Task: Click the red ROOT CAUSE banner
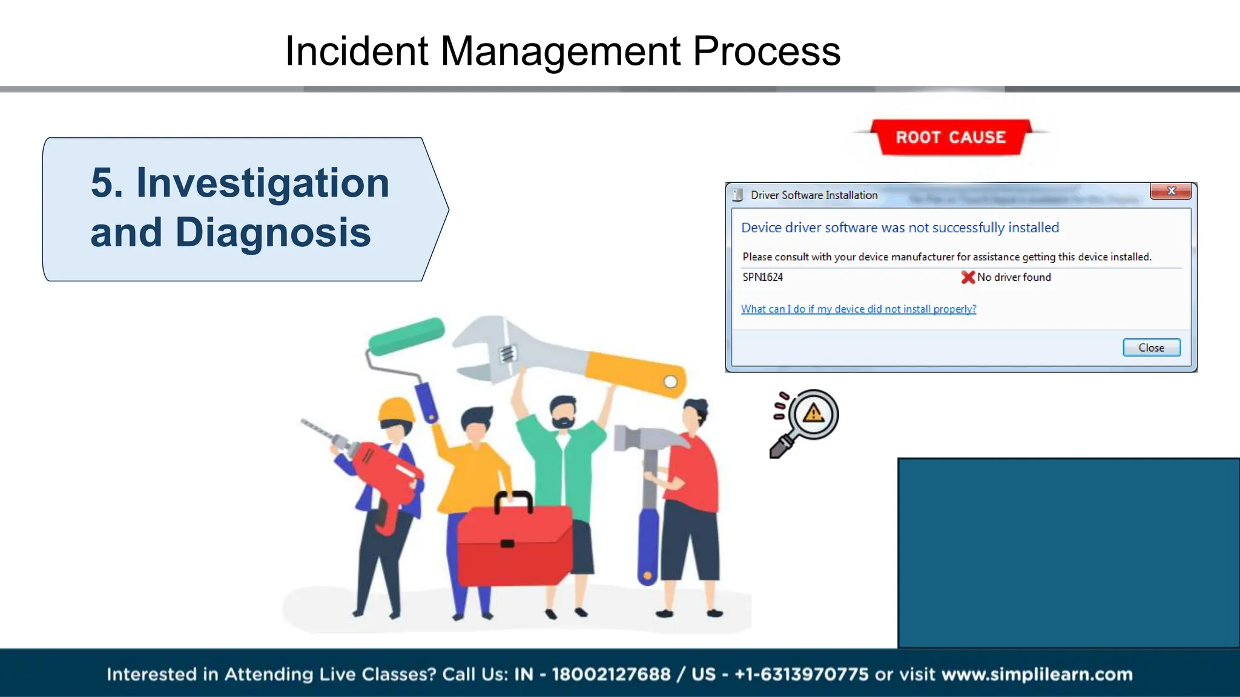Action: [951, 137]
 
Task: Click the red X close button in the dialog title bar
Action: [1171, 191]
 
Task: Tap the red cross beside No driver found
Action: [968, 277]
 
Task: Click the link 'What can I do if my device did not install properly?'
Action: [859, 309]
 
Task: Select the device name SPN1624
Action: [762, 277]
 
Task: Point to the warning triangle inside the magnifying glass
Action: [813, 413]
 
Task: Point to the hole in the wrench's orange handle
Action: [670, 382]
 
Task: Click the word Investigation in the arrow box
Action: [262, 183]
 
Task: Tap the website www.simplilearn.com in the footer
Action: [1037, 674]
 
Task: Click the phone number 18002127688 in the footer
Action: [611, 674]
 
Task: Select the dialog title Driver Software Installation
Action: [814, 195]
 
